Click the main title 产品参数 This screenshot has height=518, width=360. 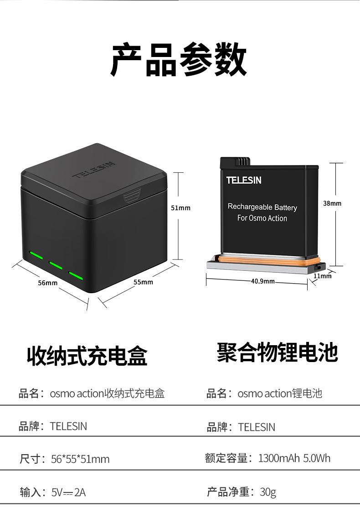click(x=179, y=60)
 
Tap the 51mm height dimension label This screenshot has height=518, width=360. click(x=180, y=208)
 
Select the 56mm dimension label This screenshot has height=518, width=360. click(x=47, y=283)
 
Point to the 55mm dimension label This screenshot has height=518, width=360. click(x=143, y=282)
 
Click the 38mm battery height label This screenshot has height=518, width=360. click(x=332, y=203)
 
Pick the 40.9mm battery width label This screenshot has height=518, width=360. click(x=263, y=281)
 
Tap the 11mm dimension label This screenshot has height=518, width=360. click(x=322, y=276)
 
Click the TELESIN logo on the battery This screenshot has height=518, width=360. click(x=244, y=180)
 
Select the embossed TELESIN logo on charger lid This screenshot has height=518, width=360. click(x=95, y=170)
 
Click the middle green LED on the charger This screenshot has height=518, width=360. click(x=56, y=264)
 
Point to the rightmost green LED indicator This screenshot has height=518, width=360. click(x=77, y=275)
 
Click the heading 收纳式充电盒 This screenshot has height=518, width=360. click(x=87, y=356)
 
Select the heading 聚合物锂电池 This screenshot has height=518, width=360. click(x=277, y=352)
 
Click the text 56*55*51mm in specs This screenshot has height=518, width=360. click(x=80, y=459)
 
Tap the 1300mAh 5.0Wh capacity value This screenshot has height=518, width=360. click(x=294, y=458)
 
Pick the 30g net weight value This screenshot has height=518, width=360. click(x=268, y=492)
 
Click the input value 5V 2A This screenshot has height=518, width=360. click(x=68, y=492)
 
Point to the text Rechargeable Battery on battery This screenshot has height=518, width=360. click(x=262, y=207)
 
